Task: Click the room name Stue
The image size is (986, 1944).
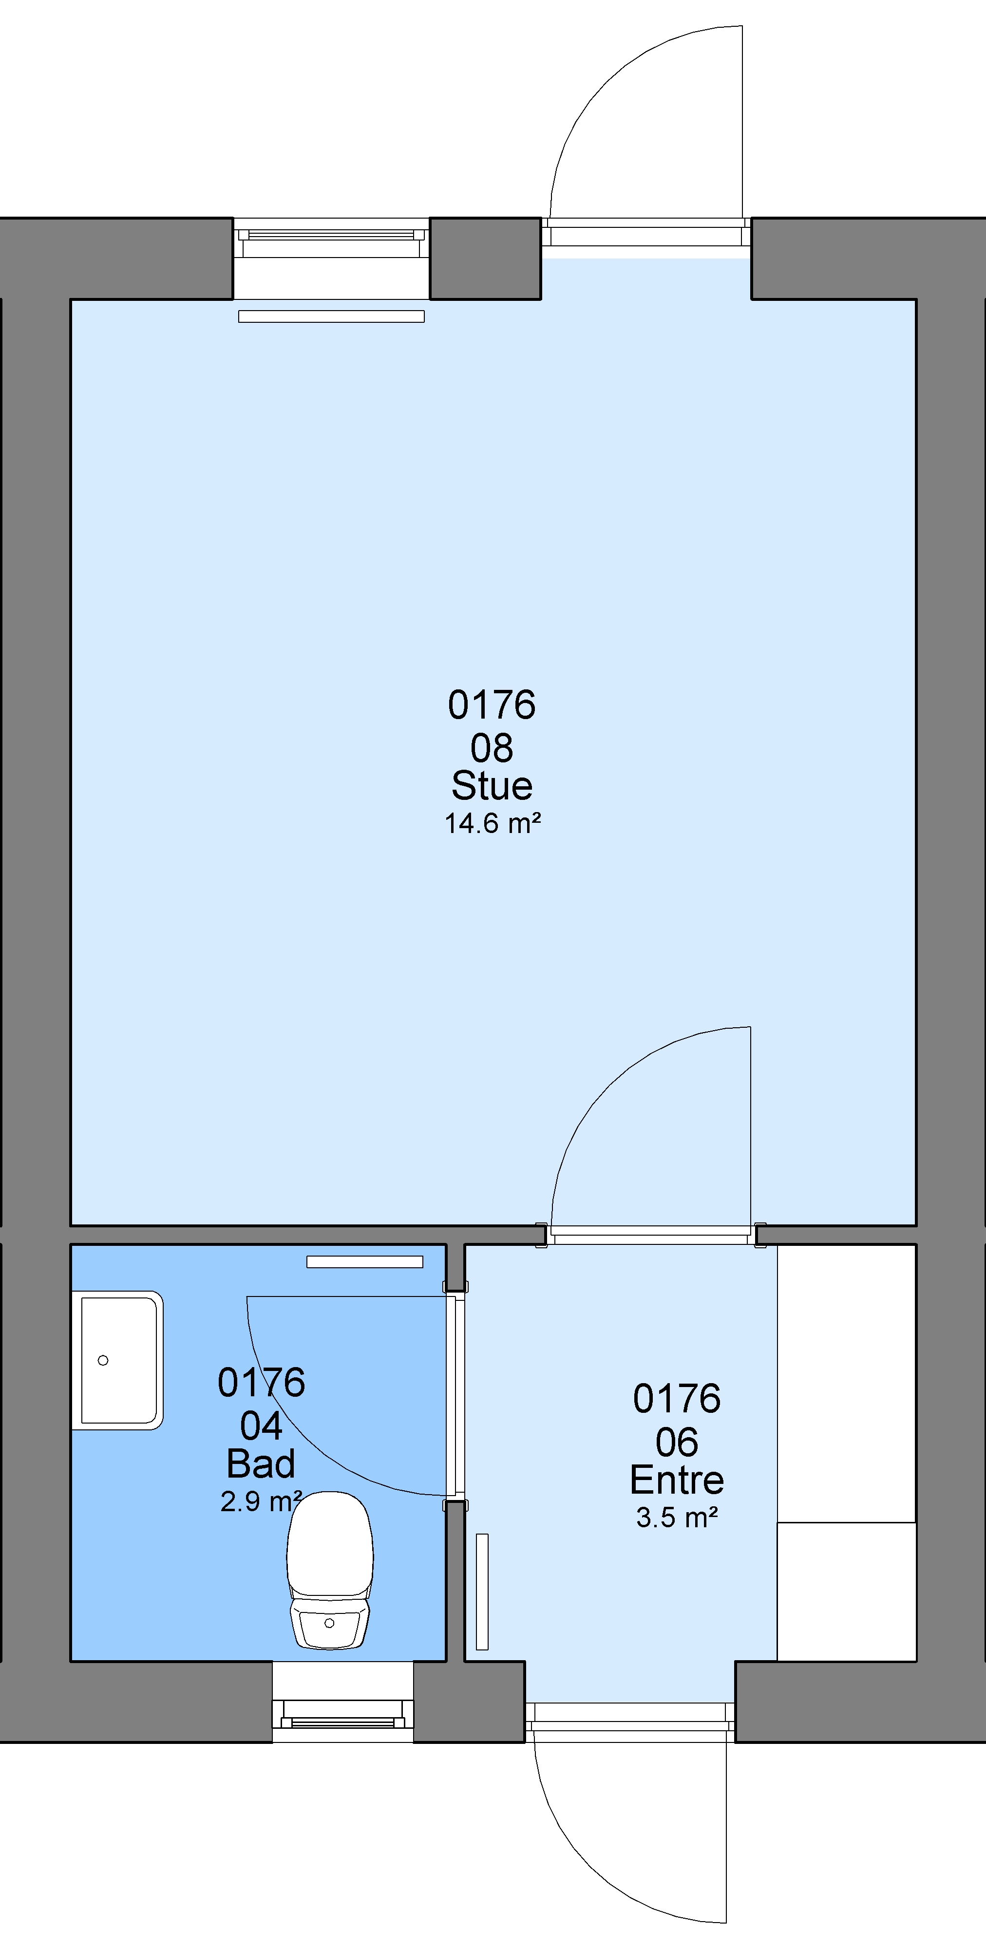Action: (x=492, y=786)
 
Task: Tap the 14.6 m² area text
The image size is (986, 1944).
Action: (x=492, y=823)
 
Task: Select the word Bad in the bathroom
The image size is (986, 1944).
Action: (x=261, y=1464)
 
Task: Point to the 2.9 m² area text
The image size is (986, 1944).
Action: (x=261, y=1501)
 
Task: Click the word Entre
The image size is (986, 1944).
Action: (x=677, y=1480)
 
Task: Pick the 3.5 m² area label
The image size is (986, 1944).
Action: (x=677, y=1518)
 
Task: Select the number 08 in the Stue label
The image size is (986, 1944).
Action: (x=492, y=748)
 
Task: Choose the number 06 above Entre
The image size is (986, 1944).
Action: (x=677, y=1442)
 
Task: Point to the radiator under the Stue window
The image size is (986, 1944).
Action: (x=331, y=316)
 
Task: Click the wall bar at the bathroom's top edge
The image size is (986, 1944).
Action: (x=365, y=1262)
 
